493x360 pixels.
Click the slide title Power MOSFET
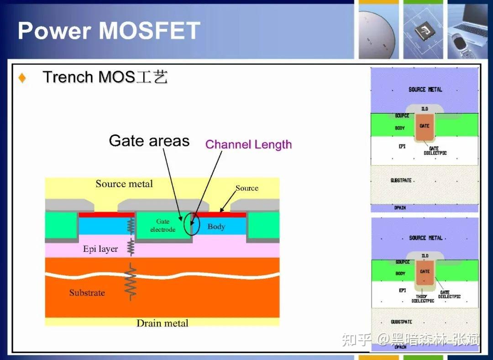pyautogui.click(x=109, y=31)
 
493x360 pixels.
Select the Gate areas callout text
pyautogui.click(x=149, y=141)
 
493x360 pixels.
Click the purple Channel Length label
pyautogui.click(x=248, y=145)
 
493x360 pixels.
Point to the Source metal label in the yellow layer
pyautogui.click(x=124, y=184)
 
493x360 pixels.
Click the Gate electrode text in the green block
pyautogui.click(x=163, y=225)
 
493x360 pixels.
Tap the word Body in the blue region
pyautogui.click(x=216, y=226)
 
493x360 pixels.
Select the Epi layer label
pyautogui.click(x=100, y=249)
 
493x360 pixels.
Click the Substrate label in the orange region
pyautogui.click(x=87, y=292)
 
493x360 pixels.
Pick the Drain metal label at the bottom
pyautogui.click(x=162, y=323)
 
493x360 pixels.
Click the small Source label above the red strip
pyautogui.click(x=246, y=188)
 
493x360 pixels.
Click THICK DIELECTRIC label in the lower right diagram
pyautogui.click(x=423, y=298)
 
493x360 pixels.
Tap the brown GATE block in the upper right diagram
pyautogui.click(x=425, y=127)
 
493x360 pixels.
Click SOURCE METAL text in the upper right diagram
pyautogui.click(x=425, y=89)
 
